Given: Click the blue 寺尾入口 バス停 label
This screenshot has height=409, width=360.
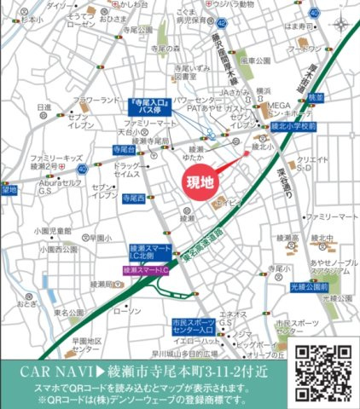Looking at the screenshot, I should (154, 107).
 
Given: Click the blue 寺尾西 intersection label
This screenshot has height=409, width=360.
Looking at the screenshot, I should (132, 197).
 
